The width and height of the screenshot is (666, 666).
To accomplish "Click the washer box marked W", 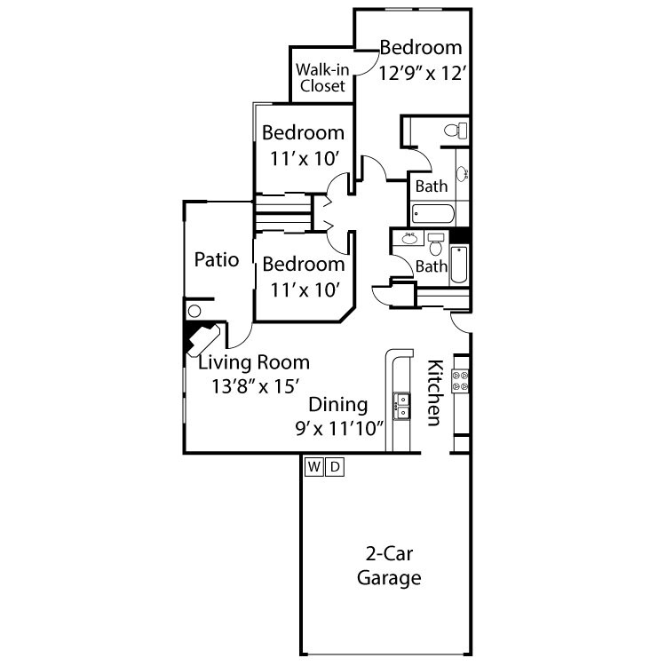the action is pos(314,466).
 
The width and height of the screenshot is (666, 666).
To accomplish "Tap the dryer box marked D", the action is pos(334,466).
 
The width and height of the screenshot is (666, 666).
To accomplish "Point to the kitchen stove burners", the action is pos(462,380).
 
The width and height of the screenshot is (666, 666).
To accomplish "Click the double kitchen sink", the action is pos(402,405).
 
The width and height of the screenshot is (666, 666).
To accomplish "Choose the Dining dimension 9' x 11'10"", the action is pos(339,427).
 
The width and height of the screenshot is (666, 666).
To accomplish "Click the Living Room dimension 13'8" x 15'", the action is pos(256,385).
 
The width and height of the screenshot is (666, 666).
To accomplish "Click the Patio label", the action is pos(218,260).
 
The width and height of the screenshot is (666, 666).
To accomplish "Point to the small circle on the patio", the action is pos(195,312).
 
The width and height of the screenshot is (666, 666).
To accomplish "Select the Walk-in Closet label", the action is pos(321,77).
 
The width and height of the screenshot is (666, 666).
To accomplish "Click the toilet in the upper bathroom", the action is pos(456,131).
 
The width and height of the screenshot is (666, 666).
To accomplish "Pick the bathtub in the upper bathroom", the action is pos(433,213).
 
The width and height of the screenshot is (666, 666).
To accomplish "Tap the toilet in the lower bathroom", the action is pos(435,240).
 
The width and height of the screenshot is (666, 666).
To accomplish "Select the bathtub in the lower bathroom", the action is pos(459,266).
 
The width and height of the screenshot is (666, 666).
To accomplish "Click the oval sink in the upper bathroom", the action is pos(463,174).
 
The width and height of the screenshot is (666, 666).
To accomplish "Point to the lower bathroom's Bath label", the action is pos(432,266).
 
